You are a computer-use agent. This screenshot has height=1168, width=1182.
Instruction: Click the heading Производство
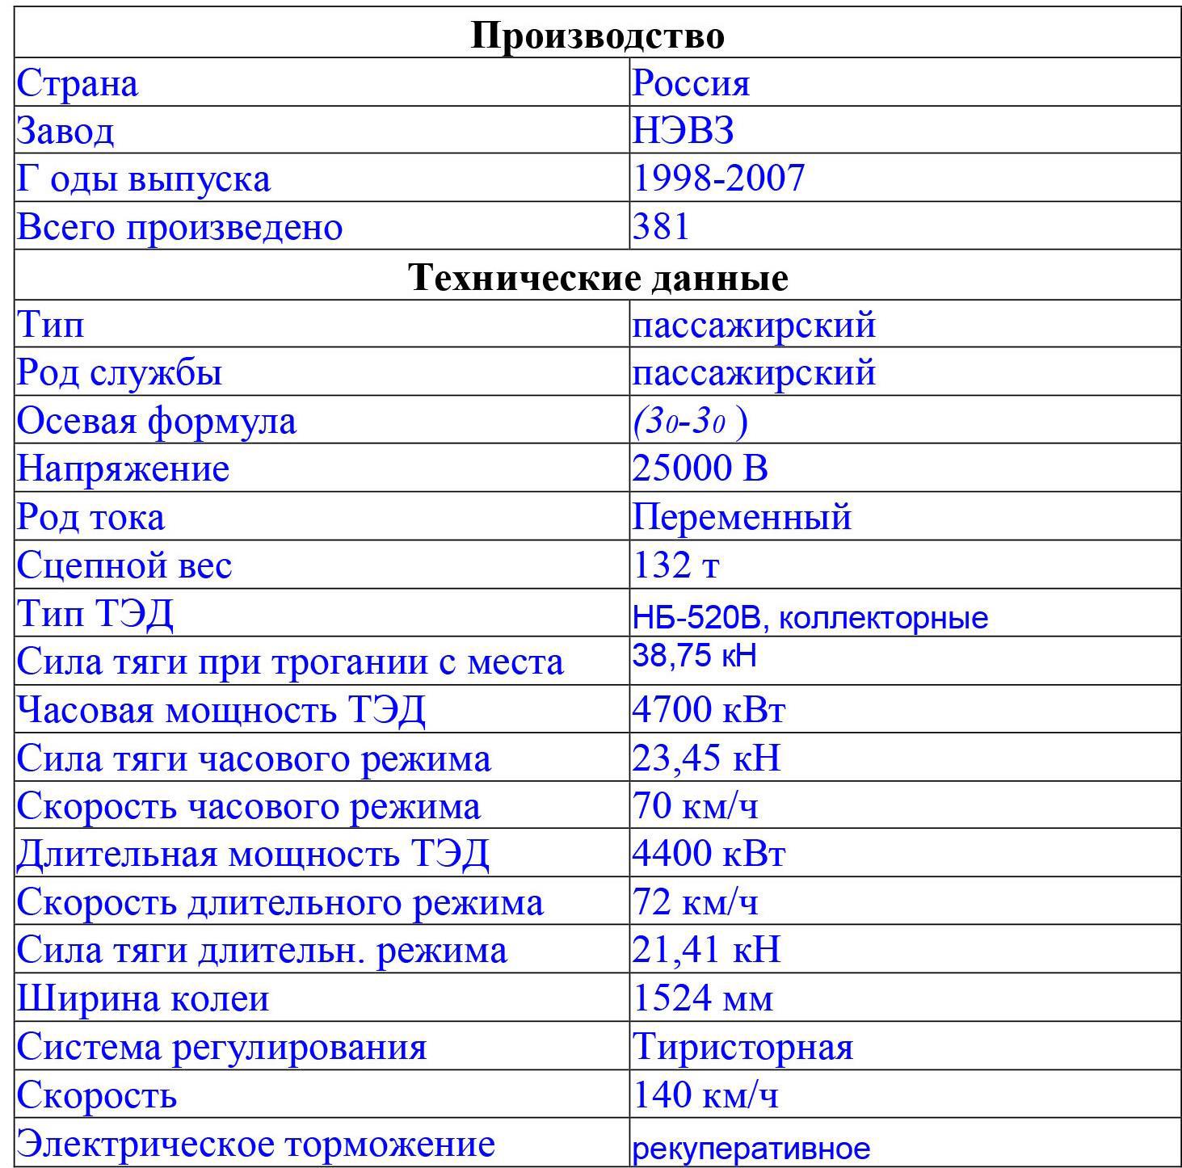597,36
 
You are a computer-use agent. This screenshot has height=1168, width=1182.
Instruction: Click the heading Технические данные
598,277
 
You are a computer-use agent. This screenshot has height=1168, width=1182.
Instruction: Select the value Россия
691,83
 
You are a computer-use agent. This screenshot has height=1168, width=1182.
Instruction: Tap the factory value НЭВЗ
683,131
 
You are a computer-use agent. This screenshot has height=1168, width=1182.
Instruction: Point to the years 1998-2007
718,179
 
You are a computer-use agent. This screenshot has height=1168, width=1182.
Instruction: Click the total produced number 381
661,227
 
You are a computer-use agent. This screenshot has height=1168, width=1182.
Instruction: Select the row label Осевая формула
157,421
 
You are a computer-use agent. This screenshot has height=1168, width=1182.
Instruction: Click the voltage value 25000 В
700,468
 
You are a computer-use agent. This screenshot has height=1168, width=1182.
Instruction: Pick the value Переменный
742,517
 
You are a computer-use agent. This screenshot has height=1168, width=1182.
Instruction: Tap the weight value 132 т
675,565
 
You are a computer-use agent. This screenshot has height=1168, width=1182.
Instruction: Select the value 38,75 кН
694,656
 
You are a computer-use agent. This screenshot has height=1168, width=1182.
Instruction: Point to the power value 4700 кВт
709,710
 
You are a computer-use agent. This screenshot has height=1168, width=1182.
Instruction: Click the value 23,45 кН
706,758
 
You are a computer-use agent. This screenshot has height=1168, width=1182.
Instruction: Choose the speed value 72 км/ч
696,902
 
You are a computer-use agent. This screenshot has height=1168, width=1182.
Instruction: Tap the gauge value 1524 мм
702,999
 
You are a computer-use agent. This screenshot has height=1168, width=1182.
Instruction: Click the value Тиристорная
742,1048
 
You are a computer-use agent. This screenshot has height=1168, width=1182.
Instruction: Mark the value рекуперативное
751,1148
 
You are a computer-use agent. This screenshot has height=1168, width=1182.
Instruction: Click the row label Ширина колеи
143,999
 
